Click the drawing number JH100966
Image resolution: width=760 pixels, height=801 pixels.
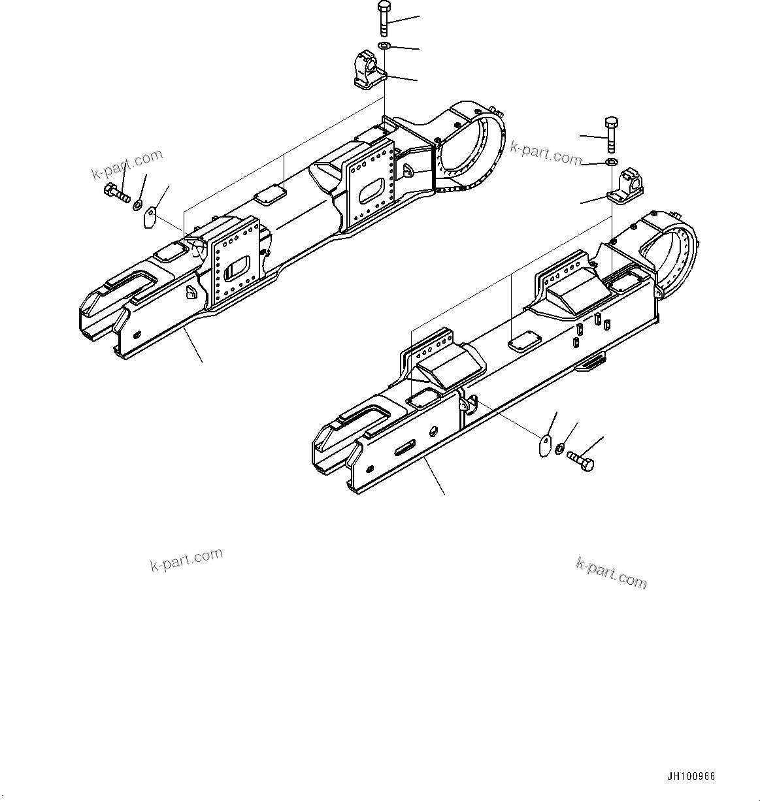[x=691, y=777]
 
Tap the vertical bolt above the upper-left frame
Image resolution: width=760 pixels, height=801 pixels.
[x=383, y=19]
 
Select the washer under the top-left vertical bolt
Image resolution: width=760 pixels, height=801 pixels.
[x=384, y=45]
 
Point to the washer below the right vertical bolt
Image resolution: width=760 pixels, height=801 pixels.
[x=610, y=161]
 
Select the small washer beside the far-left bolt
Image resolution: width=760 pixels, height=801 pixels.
[x=139, y=205]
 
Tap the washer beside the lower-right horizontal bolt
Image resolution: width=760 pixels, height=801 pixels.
[x=560, y=448]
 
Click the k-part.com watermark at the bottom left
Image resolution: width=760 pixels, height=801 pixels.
[x=186, y=561]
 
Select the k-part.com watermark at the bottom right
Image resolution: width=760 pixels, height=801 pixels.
[x=611, y=572]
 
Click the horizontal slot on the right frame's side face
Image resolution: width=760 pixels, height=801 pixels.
[x=405, y=448]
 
